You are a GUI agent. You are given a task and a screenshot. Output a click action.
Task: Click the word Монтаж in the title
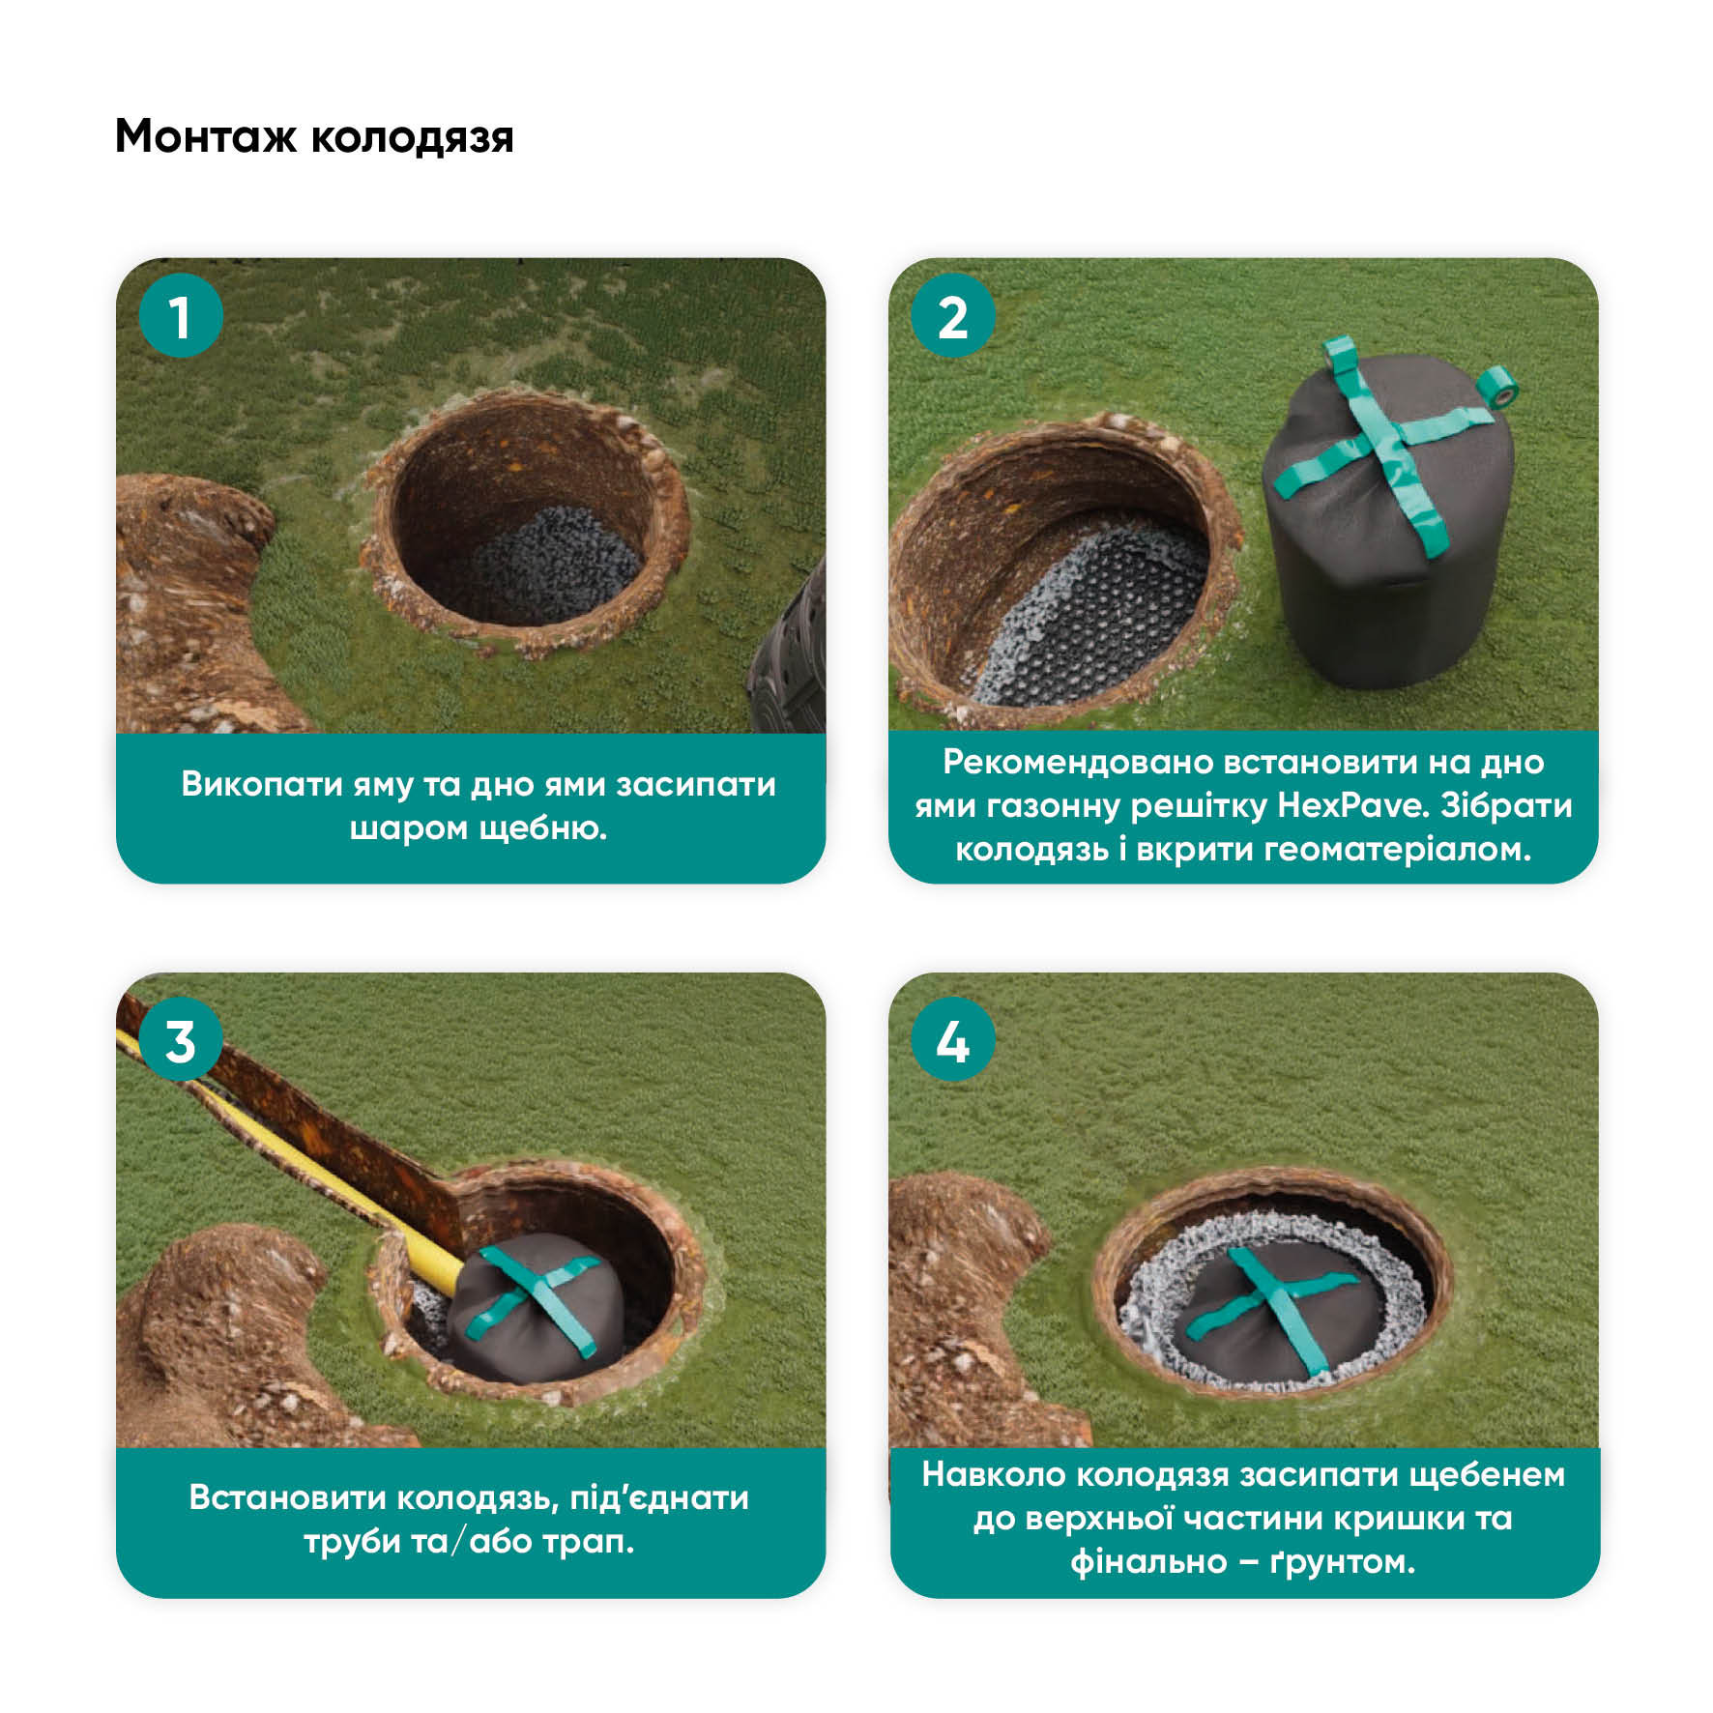pos(205,136)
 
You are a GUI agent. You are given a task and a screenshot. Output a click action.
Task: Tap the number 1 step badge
pos(181,316)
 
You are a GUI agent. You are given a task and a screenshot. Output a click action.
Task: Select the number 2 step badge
pos(953,316)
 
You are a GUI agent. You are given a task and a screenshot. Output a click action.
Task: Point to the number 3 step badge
pos(181,1040)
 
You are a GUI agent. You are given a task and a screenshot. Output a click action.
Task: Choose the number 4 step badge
pos(953,1040)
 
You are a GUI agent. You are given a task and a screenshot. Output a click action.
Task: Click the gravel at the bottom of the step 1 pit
pos(551,566)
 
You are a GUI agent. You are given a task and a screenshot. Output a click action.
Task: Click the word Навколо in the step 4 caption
pos(993,1474)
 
